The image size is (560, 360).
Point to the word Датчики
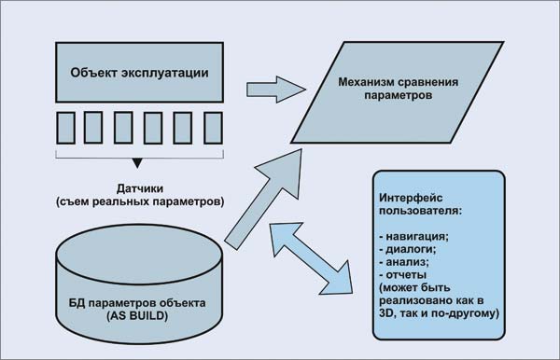click(x=139, y=185)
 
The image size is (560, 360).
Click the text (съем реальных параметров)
click(x=139, y=201)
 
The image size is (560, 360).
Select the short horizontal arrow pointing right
click(x=276, y=90)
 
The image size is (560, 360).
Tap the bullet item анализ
click(x=407, y=262)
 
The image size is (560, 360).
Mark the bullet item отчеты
click(x=405, y=275)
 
